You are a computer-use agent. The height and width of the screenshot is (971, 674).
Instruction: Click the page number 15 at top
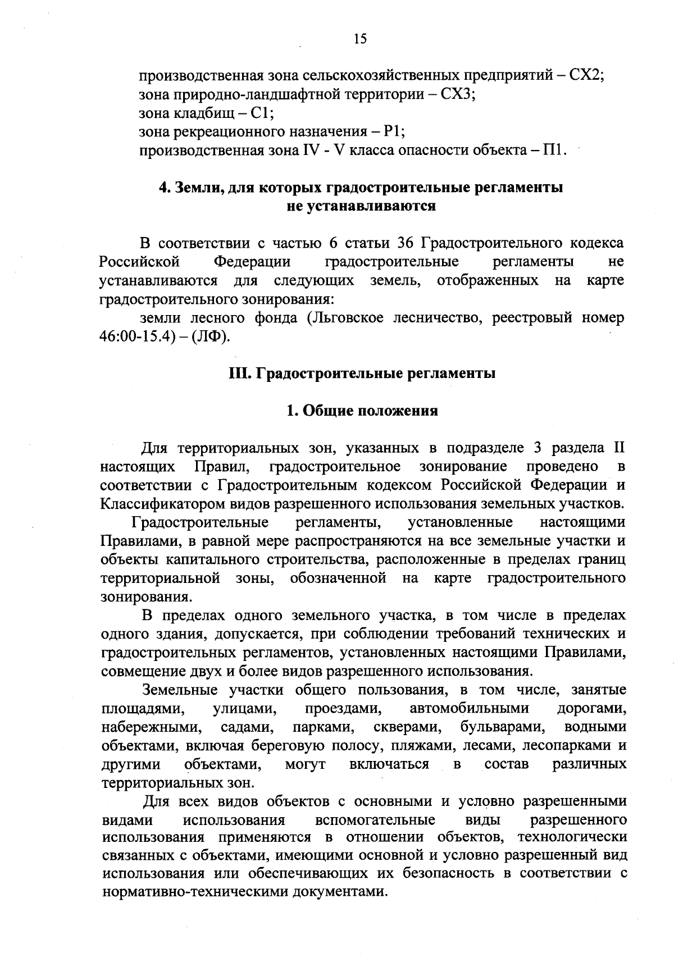360,38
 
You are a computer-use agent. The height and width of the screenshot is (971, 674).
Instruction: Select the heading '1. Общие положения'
362,411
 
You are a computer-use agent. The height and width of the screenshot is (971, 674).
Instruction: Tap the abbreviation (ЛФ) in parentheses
211,337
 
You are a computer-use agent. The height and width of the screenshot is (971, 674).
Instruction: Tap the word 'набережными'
151,727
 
